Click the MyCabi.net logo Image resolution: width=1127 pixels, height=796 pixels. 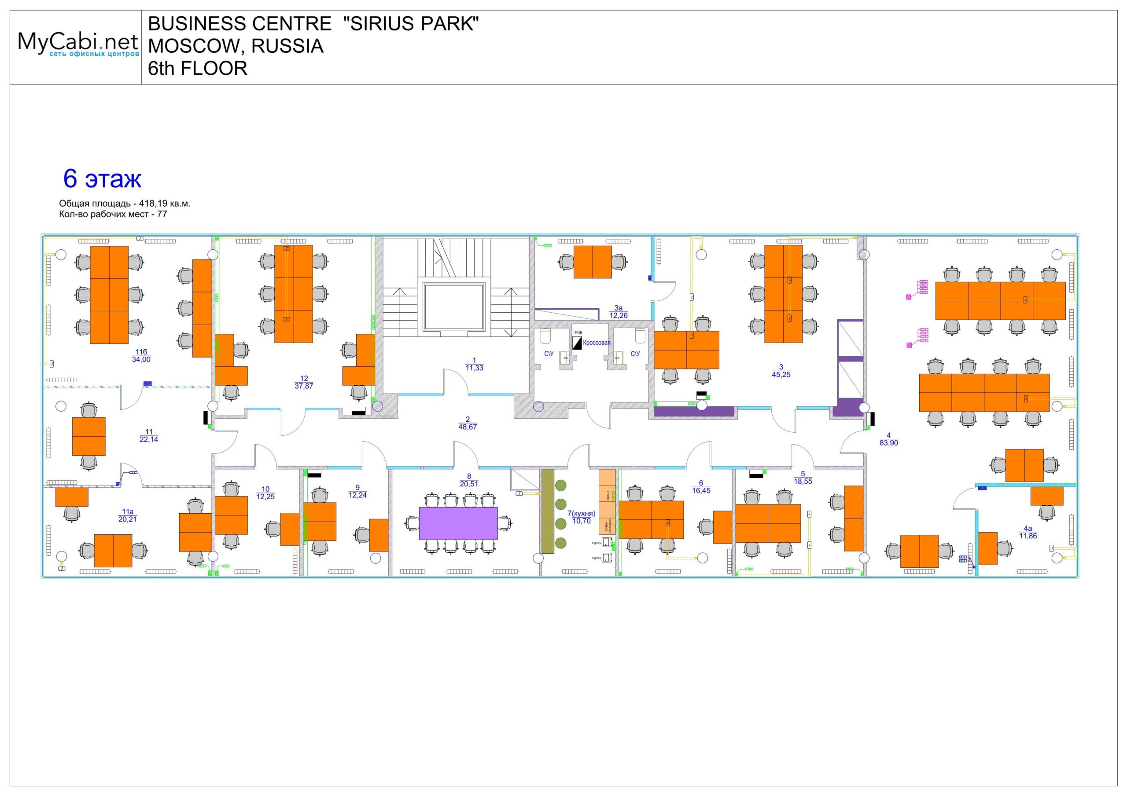click(77, 44)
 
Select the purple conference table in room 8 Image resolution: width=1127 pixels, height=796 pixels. click(458, 523)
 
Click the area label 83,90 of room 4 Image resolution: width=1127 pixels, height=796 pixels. click(888, 443)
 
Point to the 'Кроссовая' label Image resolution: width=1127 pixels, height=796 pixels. click(597, 343)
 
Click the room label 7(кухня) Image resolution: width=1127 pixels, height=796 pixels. click(581, 514)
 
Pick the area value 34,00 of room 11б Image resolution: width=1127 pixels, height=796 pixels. click(141, 359)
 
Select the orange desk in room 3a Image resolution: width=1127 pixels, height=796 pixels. click(593, 262)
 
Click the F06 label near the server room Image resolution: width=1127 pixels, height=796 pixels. click(578, 332)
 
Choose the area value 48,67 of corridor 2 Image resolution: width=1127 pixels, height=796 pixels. click(468, 427)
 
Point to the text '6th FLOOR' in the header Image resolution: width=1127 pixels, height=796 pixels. click(197, 69)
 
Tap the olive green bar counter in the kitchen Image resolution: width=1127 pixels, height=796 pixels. click(547, 511)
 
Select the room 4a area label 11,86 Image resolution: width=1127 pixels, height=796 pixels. click(1028, 536)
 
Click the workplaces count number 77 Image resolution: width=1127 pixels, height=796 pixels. click(162, 214)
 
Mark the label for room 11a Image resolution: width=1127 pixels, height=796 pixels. click(128, 511)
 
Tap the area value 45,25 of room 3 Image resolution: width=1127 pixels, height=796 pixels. click(781, 375)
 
